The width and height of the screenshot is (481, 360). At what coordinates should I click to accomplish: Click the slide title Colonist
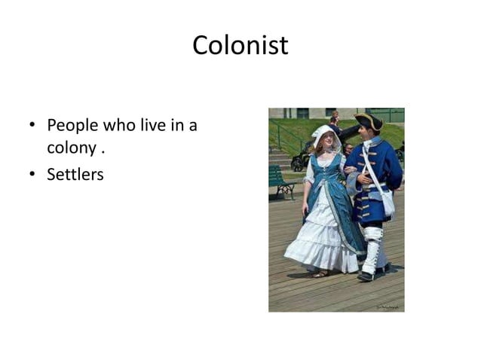coord(240,45)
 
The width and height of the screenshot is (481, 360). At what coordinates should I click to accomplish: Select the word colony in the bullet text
coord(71,148)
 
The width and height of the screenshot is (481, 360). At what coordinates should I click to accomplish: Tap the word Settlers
coord(75,175)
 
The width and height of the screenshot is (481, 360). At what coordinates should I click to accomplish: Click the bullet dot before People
coord(33,126)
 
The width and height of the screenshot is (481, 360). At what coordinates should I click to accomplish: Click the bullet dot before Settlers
coord(33,175)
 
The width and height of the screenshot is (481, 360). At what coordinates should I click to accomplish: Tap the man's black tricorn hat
coord(369,121)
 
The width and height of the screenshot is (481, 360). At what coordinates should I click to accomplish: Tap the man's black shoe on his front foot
coord(366,276)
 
